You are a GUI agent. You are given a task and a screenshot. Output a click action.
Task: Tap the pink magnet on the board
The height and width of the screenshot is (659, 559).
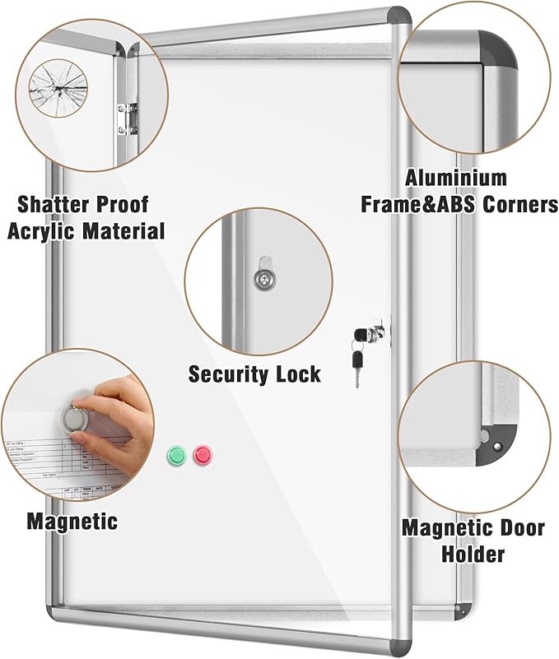click(202, 454)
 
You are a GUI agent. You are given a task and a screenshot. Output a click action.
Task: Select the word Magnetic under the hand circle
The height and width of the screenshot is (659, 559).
click(72, 521)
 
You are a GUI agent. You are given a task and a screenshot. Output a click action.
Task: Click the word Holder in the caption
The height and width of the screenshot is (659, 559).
click(473, 554)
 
